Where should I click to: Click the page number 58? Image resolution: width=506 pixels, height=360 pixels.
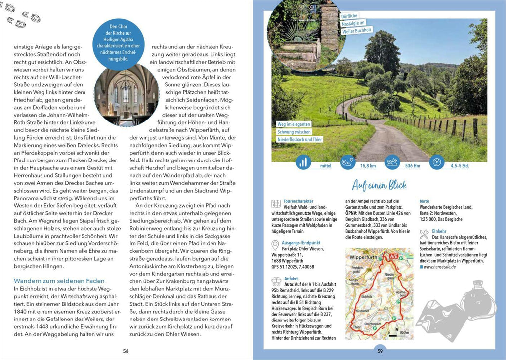[126, 351]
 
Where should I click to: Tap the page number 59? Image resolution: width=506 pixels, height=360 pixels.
[379, 351]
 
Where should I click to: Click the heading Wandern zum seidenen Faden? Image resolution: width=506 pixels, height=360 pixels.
[59, 281]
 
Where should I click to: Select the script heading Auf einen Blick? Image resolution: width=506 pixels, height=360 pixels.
[379, 185]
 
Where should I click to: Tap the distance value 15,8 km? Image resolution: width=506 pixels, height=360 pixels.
[368, 166]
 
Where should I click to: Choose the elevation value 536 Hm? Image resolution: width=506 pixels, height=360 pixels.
[412, 166]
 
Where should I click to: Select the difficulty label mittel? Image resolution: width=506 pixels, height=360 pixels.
[325, 166]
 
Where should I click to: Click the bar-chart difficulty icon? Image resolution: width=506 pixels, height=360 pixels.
[303, 162]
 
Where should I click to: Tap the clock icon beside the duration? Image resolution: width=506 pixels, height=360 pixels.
[437, 162]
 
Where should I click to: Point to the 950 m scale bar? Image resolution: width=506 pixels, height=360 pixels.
[403, 333]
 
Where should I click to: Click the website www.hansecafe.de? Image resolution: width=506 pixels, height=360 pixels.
[440, 267]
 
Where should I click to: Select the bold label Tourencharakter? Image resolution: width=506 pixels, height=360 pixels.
[298, 201]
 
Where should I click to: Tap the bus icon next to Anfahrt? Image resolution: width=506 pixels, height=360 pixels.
[276, 282]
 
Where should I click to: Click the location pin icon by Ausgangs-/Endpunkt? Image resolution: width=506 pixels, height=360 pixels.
[275, 245]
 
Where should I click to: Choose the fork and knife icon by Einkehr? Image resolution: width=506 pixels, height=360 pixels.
[423, 233]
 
